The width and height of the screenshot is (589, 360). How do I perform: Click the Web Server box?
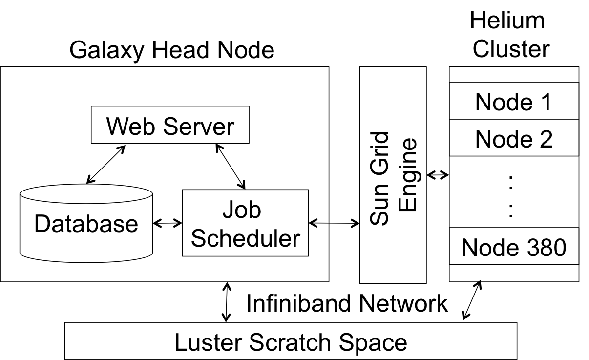pyautogui.click(x=170, y=125)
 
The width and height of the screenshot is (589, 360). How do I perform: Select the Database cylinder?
pyautogui.click(x=86, y=223)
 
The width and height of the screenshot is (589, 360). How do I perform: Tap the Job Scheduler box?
pyautogui.click(x=245, y=223)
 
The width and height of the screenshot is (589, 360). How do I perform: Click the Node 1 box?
pyautogui.click(x=514, y=101)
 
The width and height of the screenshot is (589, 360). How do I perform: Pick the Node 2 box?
pyautogui.click(x=514, y=138)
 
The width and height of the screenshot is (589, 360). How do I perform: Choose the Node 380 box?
pyautogui.click(x=514, y=246)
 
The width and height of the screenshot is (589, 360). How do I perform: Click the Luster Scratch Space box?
pyautogui.click(x=291, y=341)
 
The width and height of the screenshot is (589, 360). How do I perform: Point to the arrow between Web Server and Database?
pyautogui.click(x=106, y=164)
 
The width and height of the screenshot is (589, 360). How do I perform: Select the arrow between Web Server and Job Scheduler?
pyautogui.click(x=231, y=166)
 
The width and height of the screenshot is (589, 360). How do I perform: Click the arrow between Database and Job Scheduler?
pyautogui.click(x=168, y=223)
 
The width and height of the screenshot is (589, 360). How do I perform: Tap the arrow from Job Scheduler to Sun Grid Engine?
pyautogui.click(x=334, y=223)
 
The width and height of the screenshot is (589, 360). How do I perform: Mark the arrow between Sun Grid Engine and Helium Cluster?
pyautogui.click(x=438, y=175)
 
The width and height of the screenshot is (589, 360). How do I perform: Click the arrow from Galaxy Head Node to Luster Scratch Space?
pyautogui.click(x=227, y=302)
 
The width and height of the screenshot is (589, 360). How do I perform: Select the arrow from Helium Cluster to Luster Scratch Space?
pyautogui.click(x=472, y=300)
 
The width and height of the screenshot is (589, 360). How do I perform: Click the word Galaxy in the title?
pyautogui.click(x=107, y=50)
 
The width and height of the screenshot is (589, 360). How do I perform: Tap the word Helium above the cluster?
pyautogui.click(x=507, y=21)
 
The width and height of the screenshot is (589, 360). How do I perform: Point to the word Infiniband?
pyautogui.click(x=298, y=303)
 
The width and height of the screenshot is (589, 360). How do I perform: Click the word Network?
pyautogui.click(x=403, y=303)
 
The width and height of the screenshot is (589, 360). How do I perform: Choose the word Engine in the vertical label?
pyautogui.click(x=408, y=174)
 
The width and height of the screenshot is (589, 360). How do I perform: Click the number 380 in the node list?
pyautogui.click(x=544, y=248)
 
